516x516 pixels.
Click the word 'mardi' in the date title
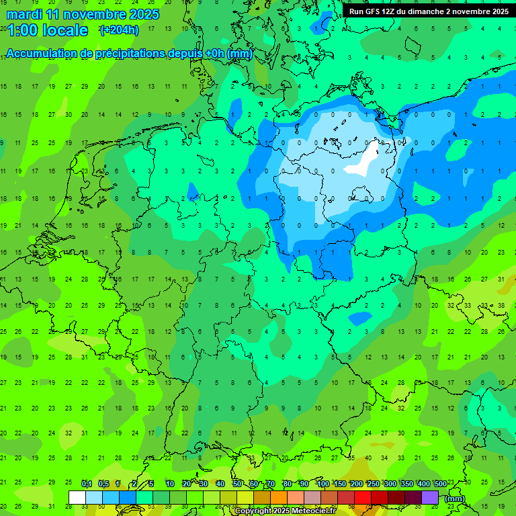[23, 13]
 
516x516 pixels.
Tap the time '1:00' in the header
[21, 30]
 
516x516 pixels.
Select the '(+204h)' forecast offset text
[119, 30]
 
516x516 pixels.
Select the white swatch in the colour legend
[77, 497]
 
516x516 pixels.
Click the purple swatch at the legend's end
[430, 497]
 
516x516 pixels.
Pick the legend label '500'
[440, 484]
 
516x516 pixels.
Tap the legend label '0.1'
[87, 484]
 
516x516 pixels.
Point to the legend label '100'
[323, 484]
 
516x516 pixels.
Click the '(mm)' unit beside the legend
[455, 499]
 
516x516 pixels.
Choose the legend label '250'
[374, 484]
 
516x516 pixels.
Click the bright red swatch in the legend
[363, 497]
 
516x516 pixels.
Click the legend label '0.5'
[103, 484]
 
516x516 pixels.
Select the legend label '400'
[423, 484]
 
